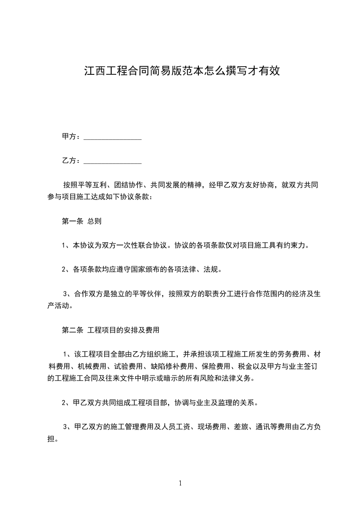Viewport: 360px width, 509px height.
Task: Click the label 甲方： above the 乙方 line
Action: coord(71,137)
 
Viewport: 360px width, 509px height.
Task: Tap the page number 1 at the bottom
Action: coord(180,483)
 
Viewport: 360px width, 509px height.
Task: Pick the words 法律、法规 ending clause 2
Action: coord(202,269)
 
